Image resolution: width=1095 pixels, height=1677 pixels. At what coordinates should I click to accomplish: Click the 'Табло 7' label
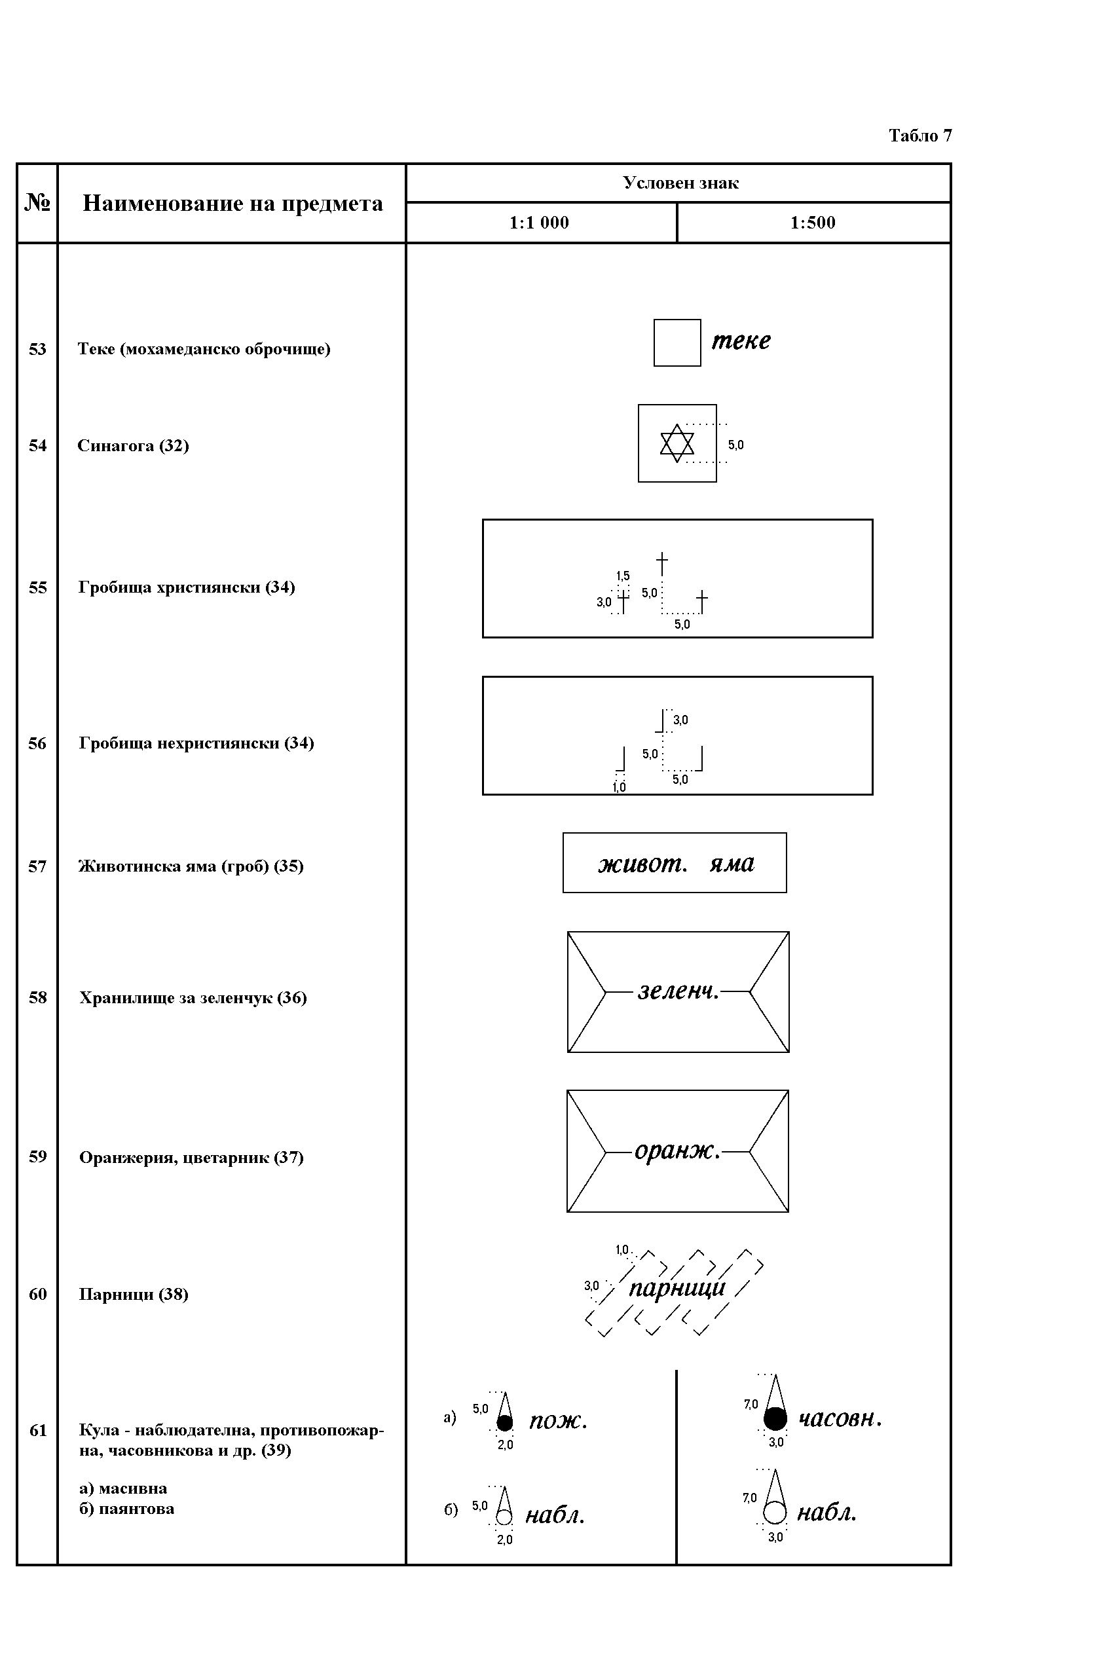pos(919,136)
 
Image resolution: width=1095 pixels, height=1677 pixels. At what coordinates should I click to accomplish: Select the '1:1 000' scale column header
pos(539,223)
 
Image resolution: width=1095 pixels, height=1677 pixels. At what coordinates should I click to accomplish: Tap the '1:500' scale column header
pos(813,223)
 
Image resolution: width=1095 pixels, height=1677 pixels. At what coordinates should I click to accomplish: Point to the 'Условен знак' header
pos(680,183)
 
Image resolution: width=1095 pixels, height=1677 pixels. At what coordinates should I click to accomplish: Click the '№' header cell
pos(37,204)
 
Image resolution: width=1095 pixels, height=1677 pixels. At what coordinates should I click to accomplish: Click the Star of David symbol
pos(677,443)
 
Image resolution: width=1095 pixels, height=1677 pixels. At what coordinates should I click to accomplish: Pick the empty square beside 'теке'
pos(677,342)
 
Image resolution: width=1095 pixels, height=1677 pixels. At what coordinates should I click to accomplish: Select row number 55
pos(37,587)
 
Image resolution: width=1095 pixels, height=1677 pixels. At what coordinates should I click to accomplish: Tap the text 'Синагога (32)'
pos(133,446)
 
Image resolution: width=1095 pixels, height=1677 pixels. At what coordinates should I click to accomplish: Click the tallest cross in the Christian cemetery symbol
pos(661,564)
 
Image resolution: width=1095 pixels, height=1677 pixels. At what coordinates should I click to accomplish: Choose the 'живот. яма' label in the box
pos(676,864)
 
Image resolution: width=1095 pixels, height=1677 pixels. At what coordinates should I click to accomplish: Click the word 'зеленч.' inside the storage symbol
pos(678,991)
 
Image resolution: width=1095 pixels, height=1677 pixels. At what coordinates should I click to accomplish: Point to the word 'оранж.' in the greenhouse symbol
pos(677,1151)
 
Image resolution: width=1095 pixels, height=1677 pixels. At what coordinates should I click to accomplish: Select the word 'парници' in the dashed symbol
pos(677,1289)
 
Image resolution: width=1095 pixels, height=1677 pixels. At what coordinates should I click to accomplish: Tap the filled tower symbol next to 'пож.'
pos(504,1412)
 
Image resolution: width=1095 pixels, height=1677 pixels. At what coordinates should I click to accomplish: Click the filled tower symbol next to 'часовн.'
pos(775,1402)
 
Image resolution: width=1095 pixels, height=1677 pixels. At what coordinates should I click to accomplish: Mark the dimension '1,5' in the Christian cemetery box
pos(623,576)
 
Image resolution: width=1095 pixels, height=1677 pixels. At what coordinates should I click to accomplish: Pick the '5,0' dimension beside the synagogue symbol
pos(735,445)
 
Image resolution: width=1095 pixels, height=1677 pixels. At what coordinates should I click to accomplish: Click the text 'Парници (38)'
pos(133,1295)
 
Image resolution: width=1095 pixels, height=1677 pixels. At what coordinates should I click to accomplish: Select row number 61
pos(38,1430)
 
